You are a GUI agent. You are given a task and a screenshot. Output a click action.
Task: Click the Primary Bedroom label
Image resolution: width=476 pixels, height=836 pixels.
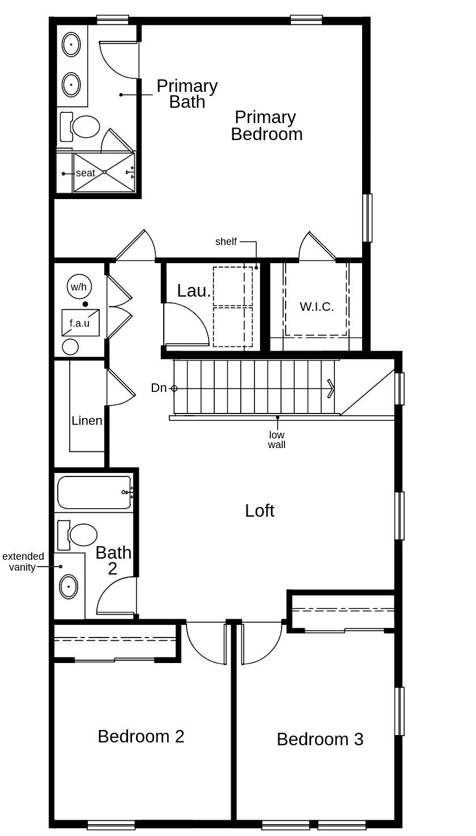click(x=266, y=125)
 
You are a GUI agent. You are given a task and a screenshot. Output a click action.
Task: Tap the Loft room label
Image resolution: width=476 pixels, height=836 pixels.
click(x=260, y=510)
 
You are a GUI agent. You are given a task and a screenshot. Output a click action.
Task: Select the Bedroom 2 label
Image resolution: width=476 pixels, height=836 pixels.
click(x=141, y=736)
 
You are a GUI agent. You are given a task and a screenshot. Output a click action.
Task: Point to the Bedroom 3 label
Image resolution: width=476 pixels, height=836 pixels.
click(x=320, y=739)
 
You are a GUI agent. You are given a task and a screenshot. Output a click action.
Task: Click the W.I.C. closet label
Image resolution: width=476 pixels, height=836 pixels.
click(x=316, y=307)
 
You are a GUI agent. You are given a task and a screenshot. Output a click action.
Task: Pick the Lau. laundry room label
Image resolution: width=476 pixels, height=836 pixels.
click(x=194, y=290)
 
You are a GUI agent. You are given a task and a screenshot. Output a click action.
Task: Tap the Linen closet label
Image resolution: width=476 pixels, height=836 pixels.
click(x=87, y=421)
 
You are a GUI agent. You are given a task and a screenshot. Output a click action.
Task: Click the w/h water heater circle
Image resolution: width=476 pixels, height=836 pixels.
click(x=78, y=286)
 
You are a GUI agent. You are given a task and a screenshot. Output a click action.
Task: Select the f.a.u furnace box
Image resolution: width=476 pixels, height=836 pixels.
click(x=80, y=323)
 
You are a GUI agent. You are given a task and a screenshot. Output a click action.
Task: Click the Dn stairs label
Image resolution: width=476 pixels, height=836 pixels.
click(x=159, y=388)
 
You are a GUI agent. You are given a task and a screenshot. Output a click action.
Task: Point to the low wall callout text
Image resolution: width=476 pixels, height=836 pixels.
click(x=277, y=440)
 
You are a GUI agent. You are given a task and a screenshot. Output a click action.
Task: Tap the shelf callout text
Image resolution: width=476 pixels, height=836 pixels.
click(x=226, y=242)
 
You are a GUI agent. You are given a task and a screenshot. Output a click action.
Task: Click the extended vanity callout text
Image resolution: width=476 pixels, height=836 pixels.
click(x=23, y=561)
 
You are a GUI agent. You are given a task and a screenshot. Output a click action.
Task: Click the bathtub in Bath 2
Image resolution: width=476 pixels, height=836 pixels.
click(x=94, y=492)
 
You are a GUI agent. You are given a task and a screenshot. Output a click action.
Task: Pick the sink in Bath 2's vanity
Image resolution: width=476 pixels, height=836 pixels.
click(x=69, y=586)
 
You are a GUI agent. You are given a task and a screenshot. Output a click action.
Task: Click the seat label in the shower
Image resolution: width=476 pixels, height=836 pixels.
click(x=86, y=173)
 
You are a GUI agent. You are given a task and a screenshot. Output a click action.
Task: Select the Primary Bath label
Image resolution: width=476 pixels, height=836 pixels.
click(x=187, y=94)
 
